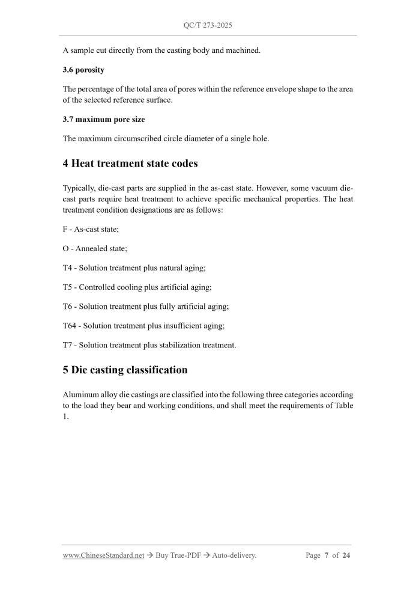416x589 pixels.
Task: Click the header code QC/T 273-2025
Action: tap(208, 26)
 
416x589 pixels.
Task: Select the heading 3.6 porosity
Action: tap(83, 70)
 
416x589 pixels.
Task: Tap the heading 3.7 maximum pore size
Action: tap(103, 120)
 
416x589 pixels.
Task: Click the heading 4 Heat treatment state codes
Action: tap(130, 163)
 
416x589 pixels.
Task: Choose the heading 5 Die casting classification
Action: tap(125, 370)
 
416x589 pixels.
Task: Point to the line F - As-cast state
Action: tap(91, 230)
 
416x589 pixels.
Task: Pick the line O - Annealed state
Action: tap(95, 249)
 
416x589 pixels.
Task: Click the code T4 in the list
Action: tap(68, 268)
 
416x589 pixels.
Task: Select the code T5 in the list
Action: tap(68, 287)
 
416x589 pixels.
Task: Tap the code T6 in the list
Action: tap(68, 307)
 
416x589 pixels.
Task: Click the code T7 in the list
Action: tap(68, 345)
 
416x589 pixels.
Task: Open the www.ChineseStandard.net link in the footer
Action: tap(103, 555)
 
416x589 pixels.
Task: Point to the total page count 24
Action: tap(346, 555)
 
